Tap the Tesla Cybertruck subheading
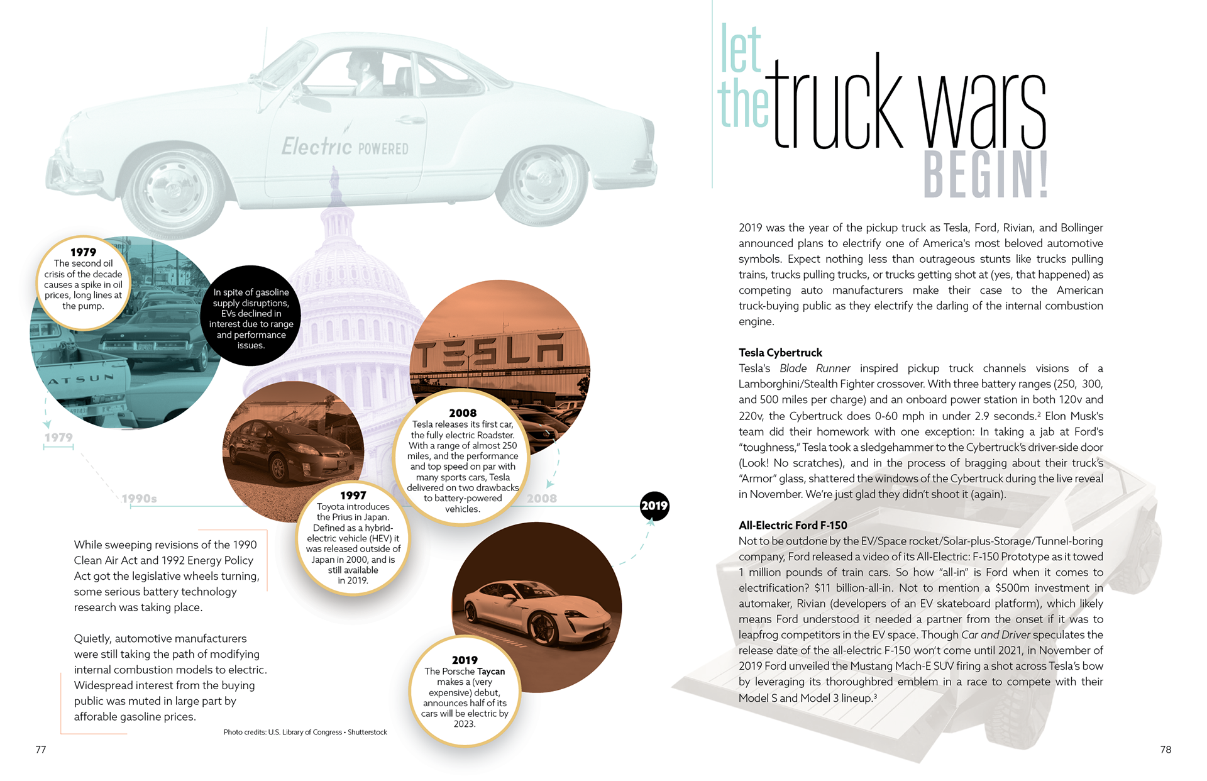[x=780, y=353]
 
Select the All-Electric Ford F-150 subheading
[x=793, y=525]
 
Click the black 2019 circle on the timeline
[x=654, y=506]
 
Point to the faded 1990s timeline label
[x=139, y=499]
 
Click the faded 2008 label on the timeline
[x=541, y=499]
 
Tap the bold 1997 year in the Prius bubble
[x=353, y=496]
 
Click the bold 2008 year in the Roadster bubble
[x=463, y=413]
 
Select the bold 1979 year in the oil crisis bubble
[x=83, y=252]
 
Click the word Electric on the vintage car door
[x=316, y=147]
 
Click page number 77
[x=41, y=750]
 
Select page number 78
[x=1166, y=750]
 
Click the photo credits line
[x=305, y=733]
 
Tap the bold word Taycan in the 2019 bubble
[x=491, y=672]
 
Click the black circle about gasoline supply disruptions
[x=251, y=318]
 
